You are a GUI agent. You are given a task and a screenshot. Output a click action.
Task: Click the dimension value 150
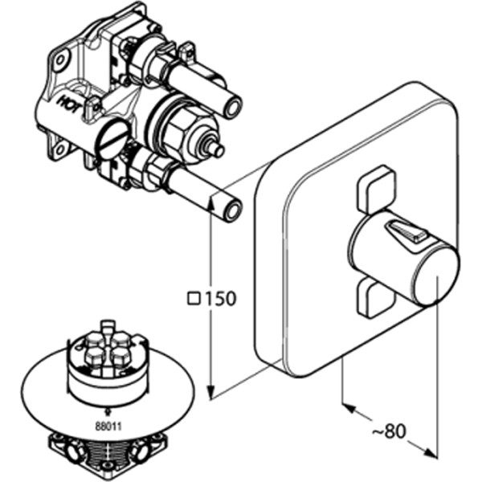pos(220,298)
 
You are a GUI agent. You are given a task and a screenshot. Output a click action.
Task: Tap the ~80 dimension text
pos(389,431)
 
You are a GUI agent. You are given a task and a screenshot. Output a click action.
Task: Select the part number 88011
pos(108,427)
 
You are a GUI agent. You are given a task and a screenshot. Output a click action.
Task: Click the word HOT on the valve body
pos(70,104)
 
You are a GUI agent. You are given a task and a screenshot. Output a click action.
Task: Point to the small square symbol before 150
pos(194,299)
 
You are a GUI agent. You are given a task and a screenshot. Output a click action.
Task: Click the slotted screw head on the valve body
pos(112,139)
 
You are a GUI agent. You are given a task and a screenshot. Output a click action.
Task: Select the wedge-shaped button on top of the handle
pos(406,231)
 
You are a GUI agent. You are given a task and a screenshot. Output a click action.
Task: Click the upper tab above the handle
pos(376,189)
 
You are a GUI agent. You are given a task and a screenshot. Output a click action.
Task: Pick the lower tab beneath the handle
pos(374,296)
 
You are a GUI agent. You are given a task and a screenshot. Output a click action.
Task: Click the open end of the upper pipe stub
pos(233,108)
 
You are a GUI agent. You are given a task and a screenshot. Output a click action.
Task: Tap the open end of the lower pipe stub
pos(233,210)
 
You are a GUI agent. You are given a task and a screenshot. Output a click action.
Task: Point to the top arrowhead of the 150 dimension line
pos(210,204)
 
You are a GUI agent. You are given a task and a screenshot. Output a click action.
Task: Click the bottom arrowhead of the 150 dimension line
pos(210,393)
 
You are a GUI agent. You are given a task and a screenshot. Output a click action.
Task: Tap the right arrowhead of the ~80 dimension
pos(431,453)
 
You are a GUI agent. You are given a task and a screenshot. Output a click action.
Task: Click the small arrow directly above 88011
pos(108,411)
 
